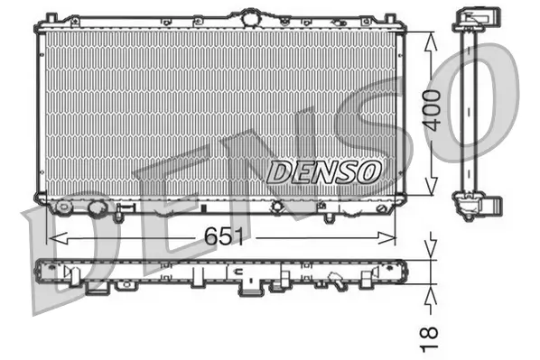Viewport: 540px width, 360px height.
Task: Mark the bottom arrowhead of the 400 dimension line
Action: pyautogui.click(x=432, y=192)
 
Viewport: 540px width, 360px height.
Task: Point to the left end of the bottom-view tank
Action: pyautogui.click(x=37, y=270)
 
